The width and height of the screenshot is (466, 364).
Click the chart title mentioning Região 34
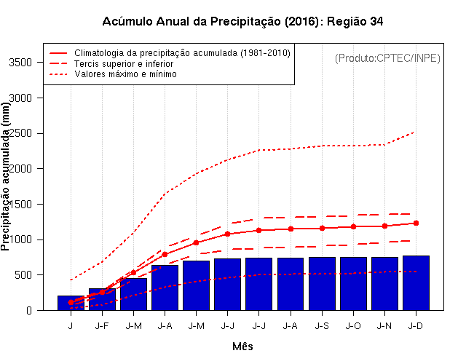pos(242,21)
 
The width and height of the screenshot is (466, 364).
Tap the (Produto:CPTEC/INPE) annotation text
pos(387,58)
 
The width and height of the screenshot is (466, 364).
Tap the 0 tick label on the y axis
pos(28,311)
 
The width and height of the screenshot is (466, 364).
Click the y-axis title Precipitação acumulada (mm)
pos(7,177)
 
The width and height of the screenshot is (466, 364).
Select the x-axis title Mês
pos(242,347)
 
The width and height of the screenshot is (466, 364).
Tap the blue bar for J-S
pos(322,283)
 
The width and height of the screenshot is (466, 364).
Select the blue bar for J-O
pos(353,283)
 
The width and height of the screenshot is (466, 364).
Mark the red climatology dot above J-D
pos(416,223)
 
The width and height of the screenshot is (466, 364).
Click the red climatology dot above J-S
pos(322,228)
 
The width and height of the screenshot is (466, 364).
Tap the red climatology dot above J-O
pos(353,226)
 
